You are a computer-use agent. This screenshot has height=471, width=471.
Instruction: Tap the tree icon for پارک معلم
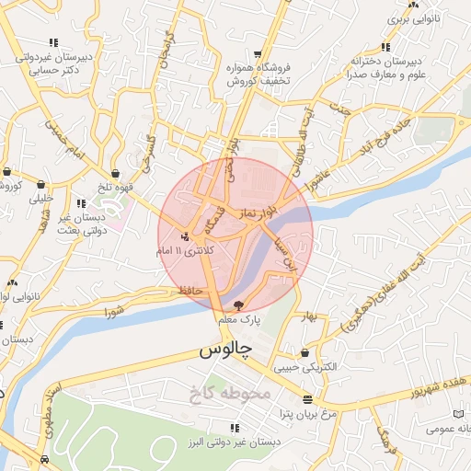click(x=239, y=304)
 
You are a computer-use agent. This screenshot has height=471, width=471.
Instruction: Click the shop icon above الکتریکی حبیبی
click(x=304, y=353)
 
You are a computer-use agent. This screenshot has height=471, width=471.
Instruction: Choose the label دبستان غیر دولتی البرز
click(x=234, y=442)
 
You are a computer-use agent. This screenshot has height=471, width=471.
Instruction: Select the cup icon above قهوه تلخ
click(x=114, y=173)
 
